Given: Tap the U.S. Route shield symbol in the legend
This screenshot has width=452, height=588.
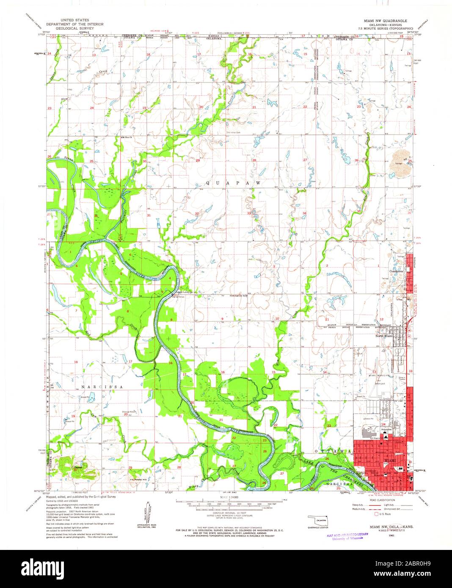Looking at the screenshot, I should (376, 514).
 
